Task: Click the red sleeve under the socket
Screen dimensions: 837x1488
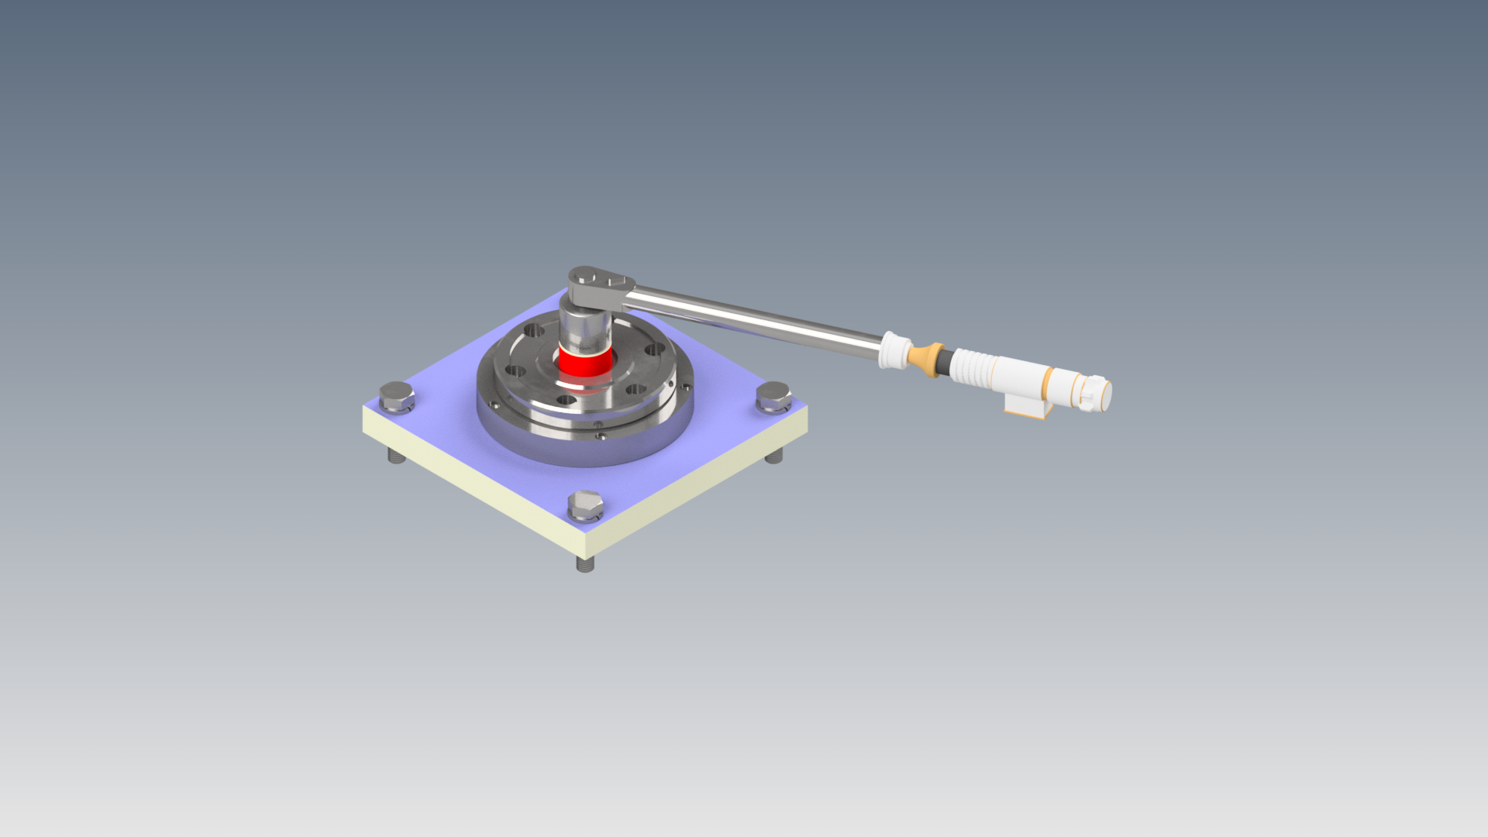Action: point(585,363)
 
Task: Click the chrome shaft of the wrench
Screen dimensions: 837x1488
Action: point(752,320)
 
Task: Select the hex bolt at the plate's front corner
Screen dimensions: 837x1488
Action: point(585,505)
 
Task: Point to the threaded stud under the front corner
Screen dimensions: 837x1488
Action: point(586,564)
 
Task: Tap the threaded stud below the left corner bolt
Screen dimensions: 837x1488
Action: point(397,456)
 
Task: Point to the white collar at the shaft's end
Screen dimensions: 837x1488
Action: point(893,350)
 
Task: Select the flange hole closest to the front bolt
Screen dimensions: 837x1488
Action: point(567,400)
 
